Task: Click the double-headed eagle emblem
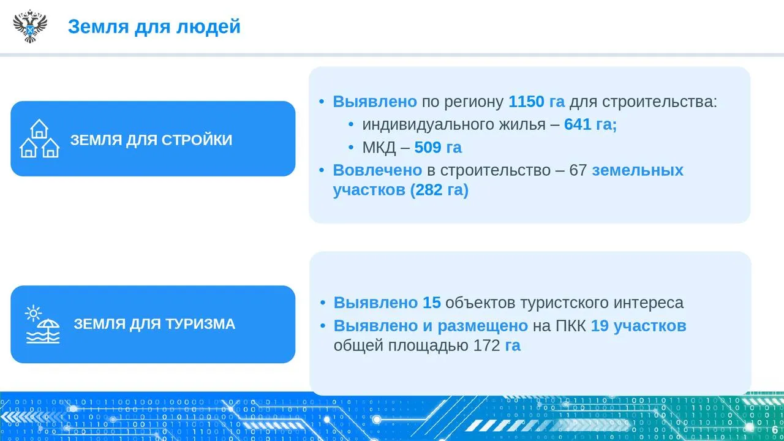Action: [30, 26]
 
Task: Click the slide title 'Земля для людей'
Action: [154, 26]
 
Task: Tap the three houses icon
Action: [39, 138]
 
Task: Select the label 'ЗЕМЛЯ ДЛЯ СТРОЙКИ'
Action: [151, 140]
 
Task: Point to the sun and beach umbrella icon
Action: [43, 324]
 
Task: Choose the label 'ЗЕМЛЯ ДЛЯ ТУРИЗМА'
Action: [154, 324]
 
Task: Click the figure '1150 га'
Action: [537, 102]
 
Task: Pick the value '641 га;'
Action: [590, 124]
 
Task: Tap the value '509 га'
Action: [438, 148]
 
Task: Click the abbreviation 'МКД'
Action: [379, 148]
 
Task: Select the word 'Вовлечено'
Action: [377, 170]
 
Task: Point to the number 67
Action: [578, 170]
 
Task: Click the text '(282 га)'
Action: [439, 190]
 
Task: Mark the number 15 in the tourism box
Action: [432, 303]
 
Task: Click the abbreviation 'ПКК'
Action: [570, 326]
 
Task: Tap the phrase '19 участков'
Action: [638, 326]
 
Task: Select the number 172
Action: [486, 345]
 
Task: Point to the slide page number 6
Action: [775, 430]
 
